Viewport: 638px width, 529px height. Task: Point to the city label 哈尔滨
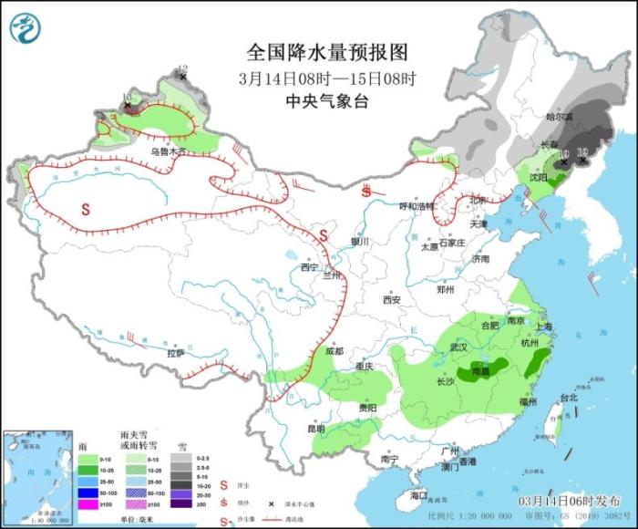(559, 117)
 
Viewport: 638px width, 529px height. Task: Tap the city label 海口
(418, 495)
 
